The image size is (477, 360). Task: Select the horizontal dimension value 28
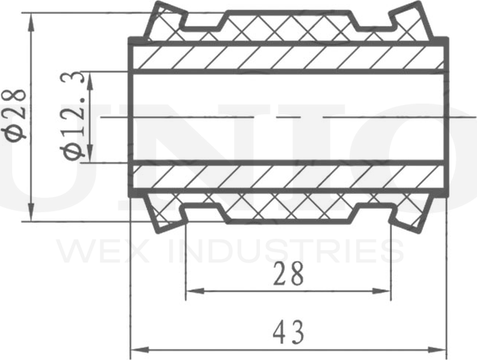(x=289, y=273)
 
